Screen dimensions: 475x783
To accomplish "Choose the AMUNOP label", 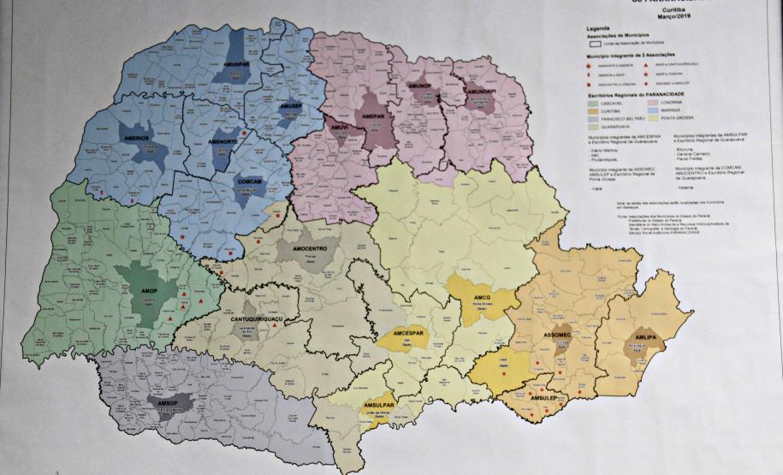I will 419,86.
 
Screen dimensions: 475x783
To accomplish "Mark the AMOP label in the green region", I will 148,291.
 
